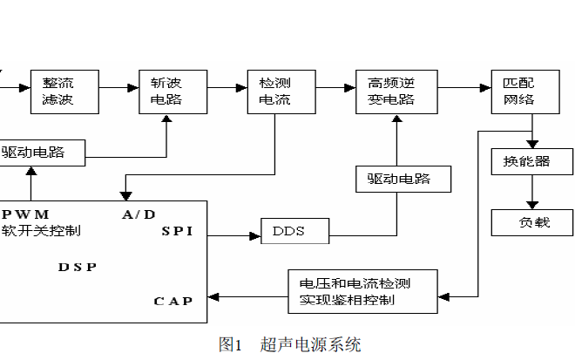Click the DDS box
click(295, 232)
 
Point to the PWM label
click(26, 214)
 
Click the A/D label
click(139, 214)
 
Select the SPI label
click(177, 232)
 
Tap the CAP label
click(173, 301)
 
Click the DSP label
click(78, 267)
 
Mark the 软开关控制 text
click(41, 231)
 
